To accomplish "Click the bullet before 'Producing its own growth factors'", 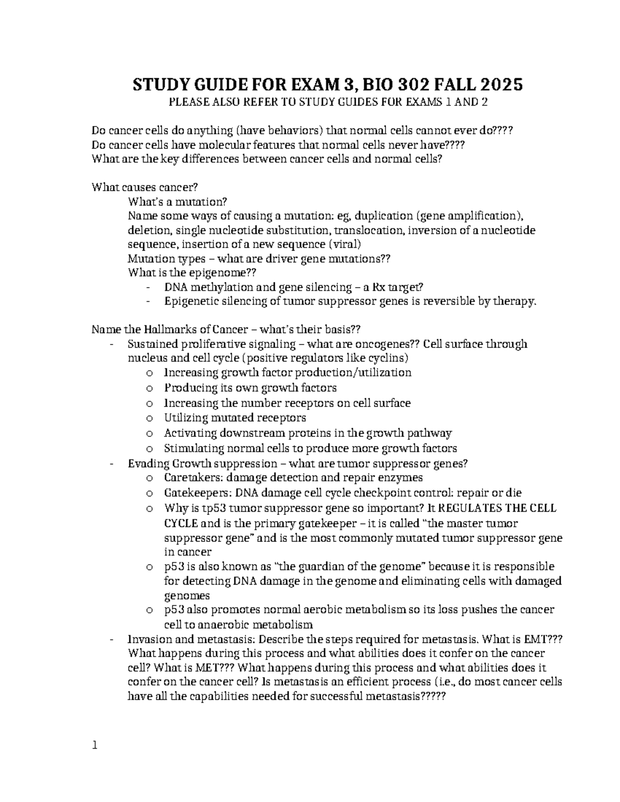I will tap(149, 388).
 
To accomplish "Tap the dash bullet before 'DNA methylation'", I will tap(149, 288).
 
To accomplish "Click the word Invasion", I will tap(149, 639).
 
